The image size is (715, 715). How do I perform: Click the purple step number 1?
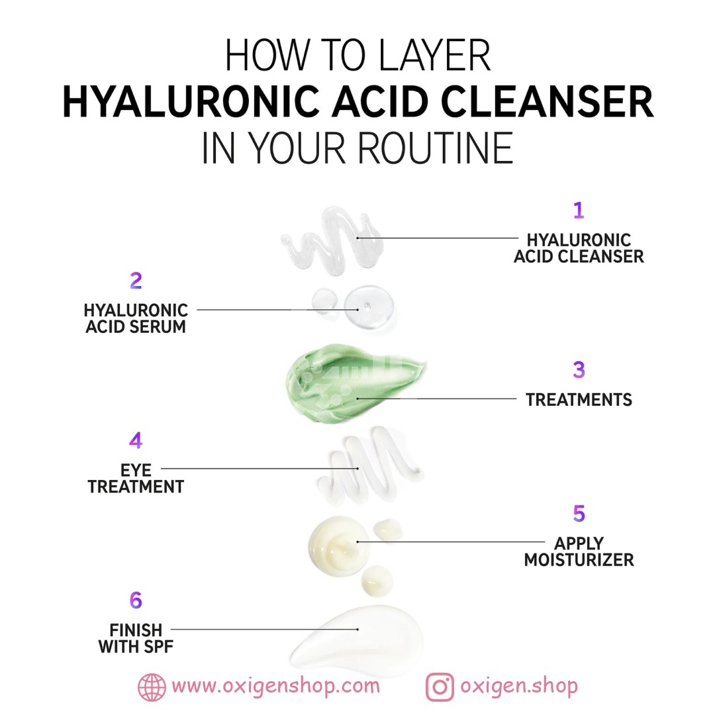[x=579, y=211]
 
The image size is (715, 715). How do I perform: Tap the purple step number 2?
[x=136, y=281]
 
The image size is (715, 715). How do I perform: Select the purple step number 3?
[x=579, y=370]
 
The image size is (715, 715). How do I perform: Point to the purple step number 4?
[x=136, y=440]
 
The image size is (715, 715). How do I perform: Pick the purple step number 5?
[x=579, y=514]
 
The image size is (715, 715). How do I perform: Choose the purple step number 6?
[x=136, y=600]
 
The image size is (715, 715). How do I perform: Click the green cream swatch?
[x=351, y=383]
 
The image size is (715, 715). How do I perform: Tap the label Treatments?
[x=579, y=400]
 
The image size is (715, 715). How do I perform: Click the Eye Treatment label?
[x=136, y=479]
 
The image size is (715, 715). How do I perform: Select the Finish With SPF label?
[x=136, y=638]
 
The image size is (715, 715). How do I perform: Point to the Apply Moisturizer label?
[x=579, y=551]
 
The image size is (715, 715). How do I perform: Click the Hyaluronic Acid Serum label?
[x=136, y=318]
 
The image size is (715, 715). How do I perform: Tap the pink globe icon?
[x=152, y=687]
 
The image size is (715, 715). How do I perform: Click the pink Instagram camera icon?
[x=440, y=687]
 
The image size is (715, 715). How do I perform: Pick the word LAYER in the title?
[x=434, y=55]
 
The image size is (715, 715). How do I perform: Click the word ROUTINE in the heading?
[x=436, y=148]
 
